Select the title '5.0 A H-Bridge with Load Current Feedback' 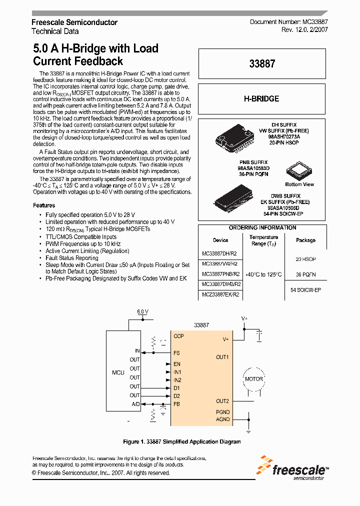point(95,55)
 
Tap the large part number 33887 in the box point(262,63)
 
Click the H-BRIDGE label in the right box point(261,99)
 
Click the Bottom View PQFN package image point(299,171)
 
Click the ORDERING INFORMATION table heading point(262,228)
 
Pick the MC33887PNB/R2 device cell point(220,274)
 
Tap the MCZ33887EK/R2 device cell point(220,294)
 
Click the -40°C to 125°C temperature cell point(263,274)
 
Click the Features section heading point(44,205)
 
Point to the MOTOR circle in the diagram point(253,379)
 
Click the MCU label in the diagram point(118,373)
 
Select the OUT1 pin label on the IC point(222,357)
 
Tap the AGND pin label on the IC point(222,419)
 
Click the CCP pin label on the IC point(178,336)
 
